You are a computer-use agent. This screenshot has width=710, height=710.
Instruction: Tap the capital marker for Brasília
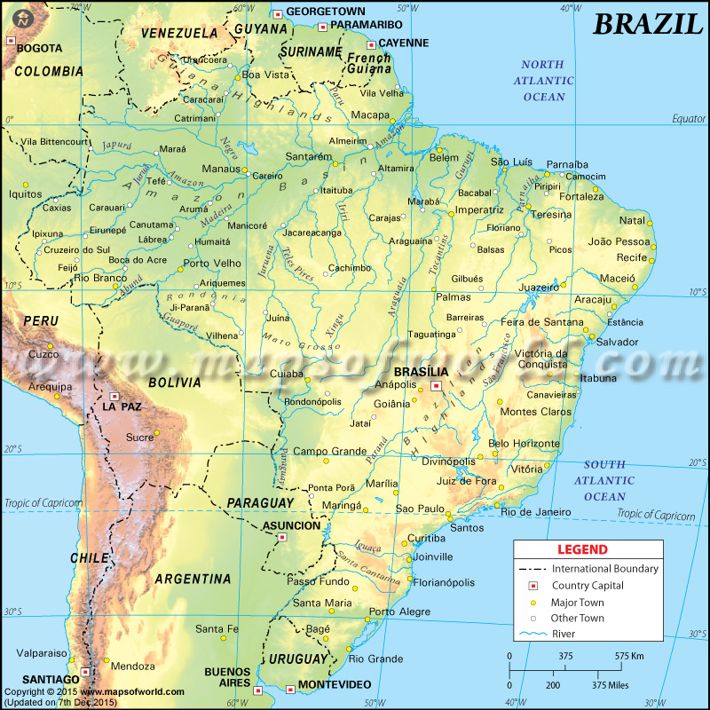435,386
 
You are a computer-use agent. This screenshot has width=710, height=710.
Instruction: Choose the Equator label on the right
688,118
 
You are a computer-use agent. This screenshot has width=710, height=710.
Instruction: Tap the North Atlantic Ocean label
543,81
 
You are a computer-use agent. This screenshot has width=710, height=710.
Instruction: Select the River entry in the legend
565,634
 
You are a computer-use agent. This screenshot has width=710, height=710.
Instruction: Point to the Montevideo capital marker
292,688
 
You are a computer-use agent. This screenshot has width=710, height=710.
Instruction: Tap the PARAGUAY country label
260,503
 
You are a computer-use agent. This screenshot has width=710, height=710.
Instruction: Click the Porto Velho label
212,264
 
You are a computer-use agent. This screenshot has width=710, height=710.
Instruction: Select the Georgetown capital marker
278,13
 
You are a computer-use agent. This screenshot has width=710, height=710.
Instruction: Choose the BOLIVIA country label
174,383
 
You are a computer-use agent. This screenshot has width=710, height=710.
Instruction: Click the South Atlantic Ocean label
605,480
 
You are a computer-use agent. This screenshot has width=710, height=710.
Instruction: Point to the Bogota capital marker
12,40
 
